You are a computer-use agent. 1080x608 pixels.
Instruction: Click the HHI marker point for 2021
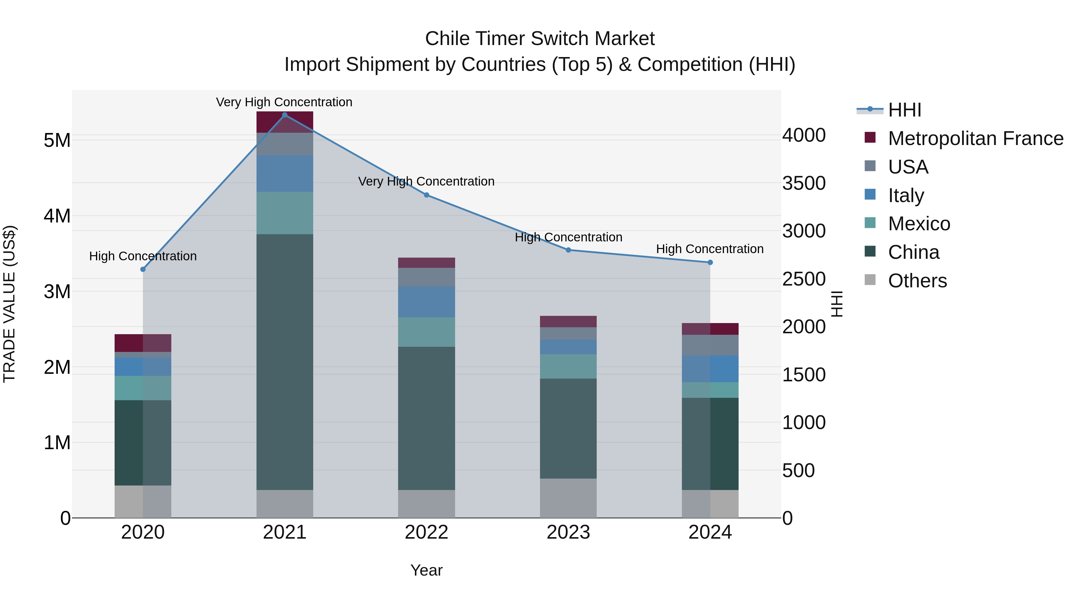coord(285,115)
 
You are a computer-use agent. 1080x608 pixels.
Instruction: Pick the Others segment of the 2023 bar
coord(568,498)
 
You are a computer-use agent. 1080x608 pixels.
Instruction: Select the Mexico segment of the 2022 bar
coord(426,332)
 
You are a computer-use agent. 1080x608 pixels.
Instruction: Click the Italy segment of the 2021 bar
coord(285,174)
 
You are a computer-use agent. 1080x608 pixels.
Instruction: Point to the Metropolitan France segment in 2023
coord(568,321)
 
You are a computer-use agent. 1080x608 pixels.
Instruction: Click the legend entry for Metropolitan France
coord(975,138)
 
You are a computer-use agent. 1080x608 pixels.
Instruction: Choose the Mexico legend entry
coord(919,224)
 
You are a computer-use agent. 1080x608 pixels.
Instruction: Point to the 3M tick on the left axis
coord(57,292)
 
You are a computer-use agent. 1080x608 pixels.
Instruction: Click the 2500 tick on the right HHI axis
coord(804,279)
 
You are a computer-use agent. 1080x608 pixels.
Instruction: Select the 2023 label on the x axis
coord(568,532)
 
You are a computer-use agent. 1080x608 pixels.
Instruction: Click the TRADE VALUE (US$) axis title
coord(9,304)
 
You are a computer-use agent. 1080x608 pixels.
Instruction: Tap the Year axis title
coord(426,570)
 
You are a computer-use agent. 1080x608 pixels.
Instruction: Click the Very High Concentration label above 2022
coord(426,181)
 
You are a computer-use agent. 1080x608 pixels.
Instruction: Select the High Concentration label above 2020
coord(143,256)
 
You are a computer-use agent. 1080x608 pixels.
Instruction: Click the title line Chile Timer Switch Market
coord(540,39)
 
